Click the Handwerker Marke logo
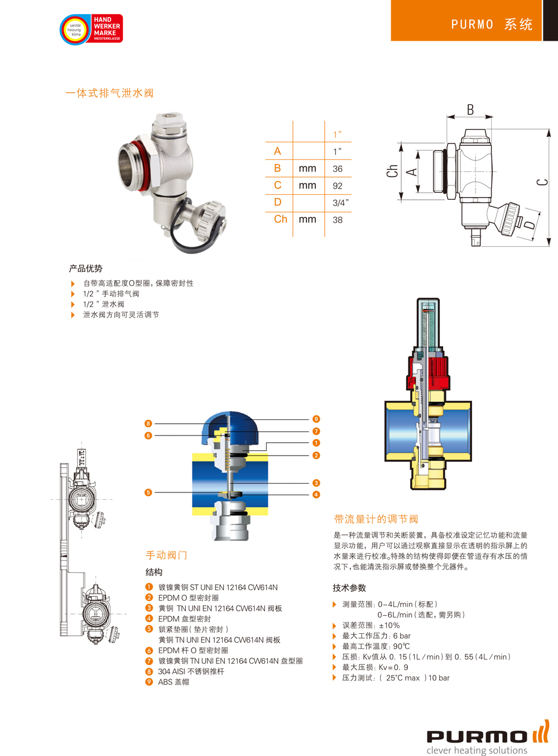pyautogui.click(x=92, y=29)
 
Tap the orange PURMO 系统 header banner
pyautogui.click(x=466, y=21)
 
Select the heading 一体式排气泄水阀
pyautogui.click(x=109, y=93)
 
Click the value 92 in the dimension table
pyautogui.click(x=337, y=186)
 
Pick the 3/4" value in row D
pyautogui.click(x=340, y=203)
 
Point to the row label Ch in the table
pyautogui.click(x=280, y=219)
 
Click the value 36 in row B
pyautogui.click(x=337, y=169)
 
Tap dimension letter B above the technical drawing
pyautogui.click(x=470, y=110)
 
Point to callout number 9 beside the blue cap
pyautogui.click(x=316, y=419)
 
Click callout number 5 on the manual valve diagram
pyautogui.click(x=148, y=492)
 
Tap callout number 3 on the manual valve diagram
pyautogui.click(x=316, y=482)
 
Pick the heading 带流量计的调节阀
pyautogui.click(x=376, y=519)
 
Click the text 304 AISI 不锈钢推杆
pyautogui.click(x=191, y=672)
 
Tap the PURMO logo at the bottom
pyautogui.click(x=488, y=738)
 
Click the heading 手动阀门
pyautogui.click(x=166, y=555)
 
